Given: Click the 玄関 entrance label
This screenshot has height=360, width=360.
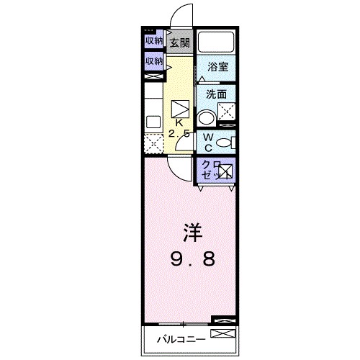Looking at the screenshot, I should (179, 42).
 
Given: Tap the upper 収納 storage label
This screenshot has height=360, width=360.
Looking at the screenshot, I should (153, 40).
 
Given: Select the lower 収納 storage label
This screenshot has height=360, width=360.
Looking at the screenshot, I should (153, 61).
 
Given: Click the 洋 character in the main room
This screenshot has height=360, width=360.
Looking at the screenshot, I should (189, 233).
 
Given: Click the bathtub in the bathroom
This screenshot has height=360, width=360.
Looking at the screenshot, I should (216, 42).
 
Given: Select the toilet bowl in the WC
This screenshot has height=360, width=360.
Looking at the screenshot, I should (224, 142).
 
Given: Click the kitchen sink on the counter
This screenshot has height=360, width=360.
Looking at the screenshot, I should (153, 120).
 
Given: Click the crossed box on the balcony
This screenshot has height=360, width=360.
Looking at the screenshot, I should (223, 333).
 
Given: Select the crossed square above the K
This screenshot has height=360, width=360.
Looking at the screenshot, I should (180, 109).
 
